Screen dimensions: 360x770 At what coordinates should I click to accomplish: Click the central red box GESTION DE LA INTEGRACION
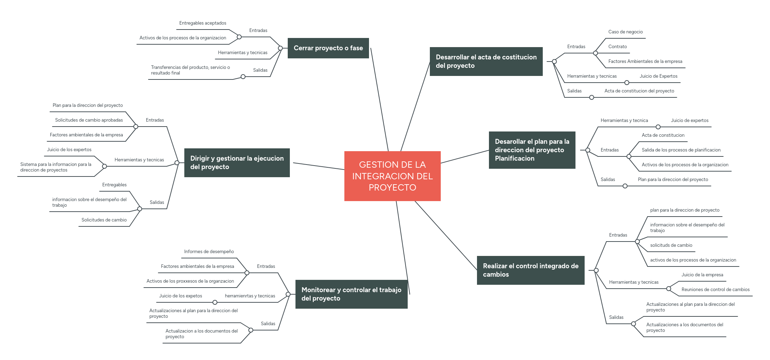click(x=392, y=176)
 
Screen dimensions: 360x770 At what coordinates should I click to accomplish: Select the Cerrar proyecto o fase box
click(x=328, y=48)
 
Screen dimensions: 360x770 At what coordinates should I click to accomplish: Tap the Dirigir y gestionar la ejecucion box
click(x=237, y=162)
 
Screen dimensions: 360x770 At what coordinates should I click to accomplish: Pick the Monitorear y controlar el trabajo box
click(x=351, y=294)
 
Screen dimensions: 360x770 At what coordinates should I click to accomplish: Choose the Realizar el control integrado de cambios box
click(x=530, y=270)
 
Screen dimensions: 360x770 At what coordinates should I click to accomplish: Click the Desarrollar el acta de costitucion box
click(x=486, y=61)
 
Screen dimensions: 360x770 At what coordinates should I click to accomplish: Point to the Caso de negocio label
click(x=625, y=32)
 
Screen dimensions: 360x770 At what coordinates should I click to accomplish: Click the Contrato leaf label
click(x=617, y=47)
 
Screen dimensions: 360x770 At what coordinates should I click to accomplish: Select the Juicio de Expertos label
click(x=658, y=76)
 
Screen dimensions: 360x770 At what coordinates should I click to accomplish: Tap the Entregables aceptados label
click(x=203, y=23)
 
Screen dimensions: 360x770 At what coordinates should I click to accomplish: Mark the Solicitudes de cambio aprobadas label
click(x=89, y=120)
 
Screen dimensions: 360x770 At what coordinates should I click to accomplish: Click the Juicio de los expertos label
click(x=69, y=150)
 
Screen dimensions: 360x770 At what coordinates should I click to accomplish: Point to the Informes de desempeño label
click(x=209, y=252)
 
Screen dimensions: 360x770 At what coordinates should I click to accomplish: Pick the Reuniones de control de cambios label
click(x=715, y=290)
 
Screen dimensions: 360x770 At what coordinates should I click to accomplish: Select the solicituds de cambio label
click(x=671, y=245)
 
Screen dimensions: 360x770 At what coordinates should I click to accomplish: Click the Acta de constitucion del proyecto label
click(x=639, y=91)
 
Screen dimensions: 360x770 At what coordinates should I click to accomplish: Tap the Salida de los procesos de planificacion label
click(x=681, y=150)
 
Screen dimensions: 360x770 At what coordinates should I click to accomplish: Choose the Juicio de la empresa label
click(x=702, y=275)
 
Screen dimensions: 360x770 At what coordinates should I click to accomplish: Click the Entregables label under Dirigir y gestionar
click(x=114, y=185)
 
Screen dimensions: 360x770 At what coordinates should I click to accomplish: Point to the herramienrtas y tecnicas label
click(x=250, y=296)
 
